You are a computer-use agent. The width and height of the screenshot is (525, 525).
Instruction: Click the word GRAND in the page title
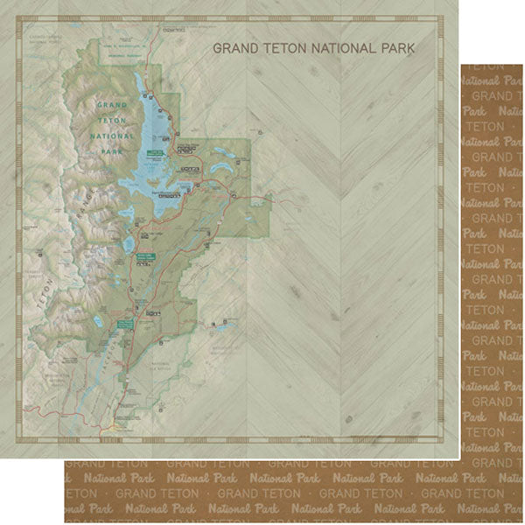236,49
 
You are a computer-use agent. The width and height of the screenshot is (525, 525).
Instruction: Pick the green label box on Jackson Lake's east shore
156,152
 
